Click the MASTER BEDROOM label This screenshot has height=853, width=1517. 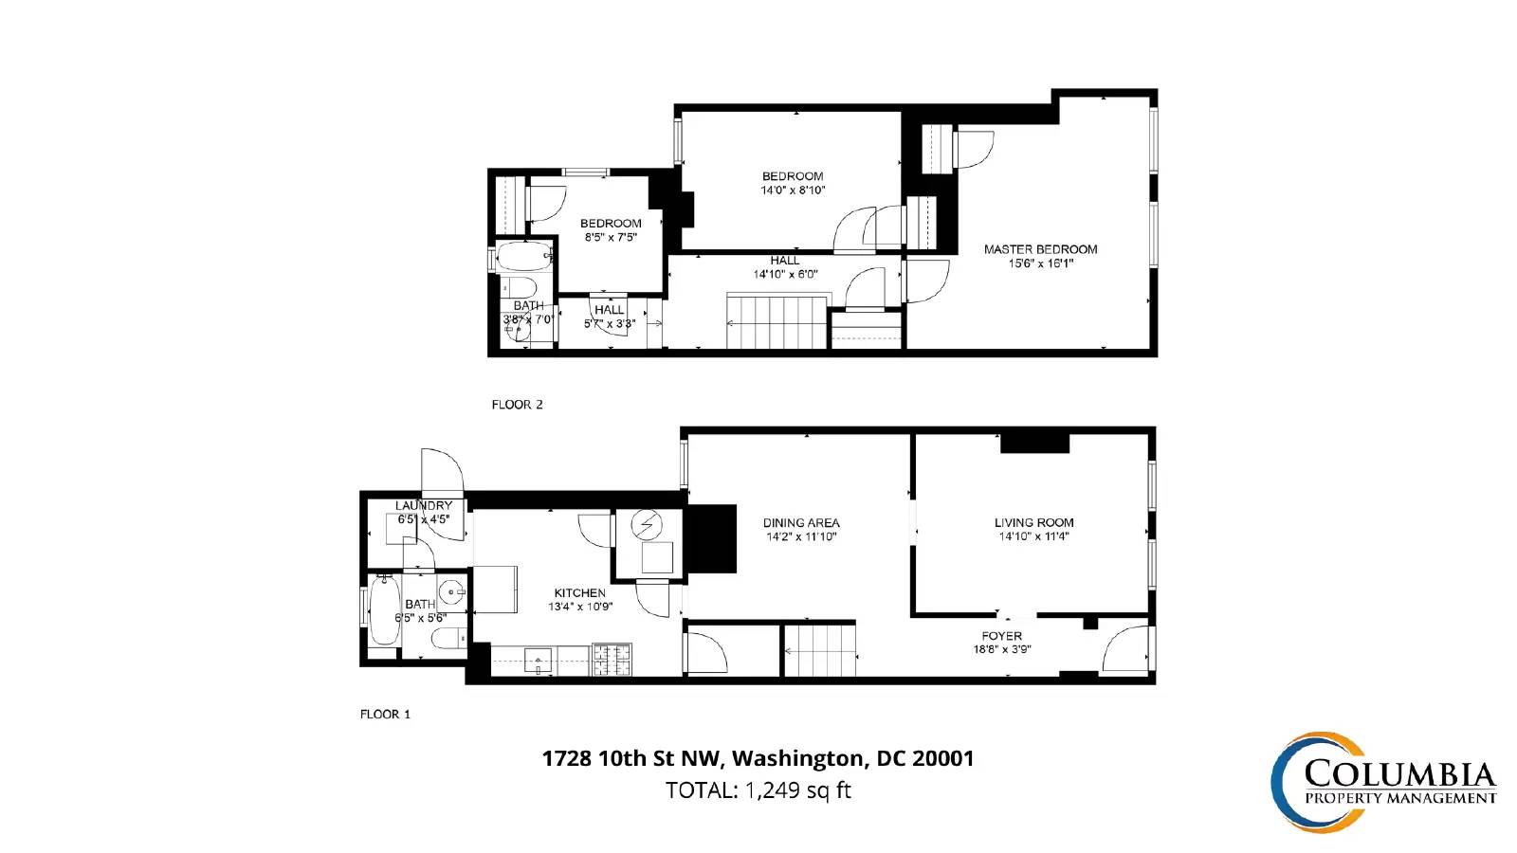(x=1040, y=249)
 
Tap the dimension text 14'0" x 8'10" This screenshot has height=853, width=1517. (x=793, y=191)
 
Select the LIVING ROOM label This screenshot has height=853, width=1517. (x=1034, y=522)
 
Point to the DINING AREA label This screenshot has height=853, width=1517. (x=801, y=522)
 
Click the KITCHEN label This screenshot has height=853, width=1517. (x=579, y=592)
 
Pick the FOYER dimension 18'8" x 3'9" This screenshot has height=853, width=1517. (x=1001, y=650)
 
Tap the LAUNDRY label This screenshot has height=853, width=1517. (x=423, y=506)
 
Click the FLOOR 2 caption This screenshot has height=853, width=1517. (x=518, y=405)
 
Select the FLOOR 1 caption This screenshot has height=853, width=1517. (x=385, y=715)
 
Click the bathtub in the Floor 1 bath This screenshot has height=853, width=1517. (x=385, y=610)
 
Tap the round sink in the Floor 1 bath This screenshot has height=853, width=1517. (x=451, y=593)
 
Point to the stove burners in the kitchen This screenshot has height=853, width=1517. (x=612, y=660)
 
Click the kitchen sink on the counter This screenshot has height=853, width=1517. (x=539, y=660)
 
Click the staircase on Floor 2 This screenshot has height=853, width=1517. (x=778, y=321)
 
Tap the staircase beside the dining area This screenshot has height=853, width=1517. (x=819, y=649)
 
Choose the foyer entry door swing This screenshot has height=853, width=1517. (x=1124, y=648)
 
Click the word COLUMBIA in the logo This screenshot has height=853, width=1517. (x=1399, y=773)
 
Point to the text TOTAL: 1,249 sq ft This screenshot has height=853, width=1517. (x=758, y=790)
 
